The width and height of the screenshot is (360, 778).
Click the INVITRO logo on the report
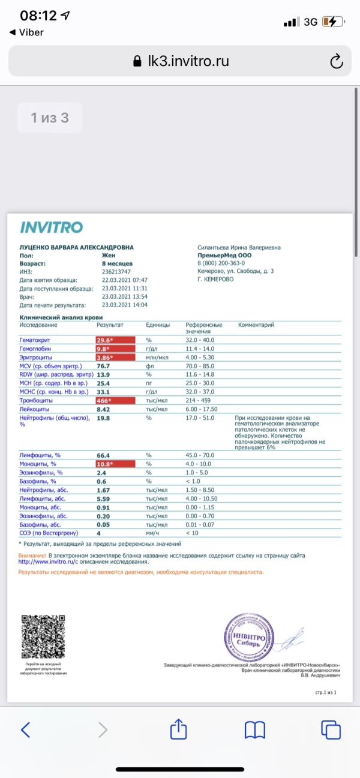pyautogui.click(x=52, y=227)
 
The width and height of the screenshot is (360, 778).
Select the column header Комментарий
pyautogui.click(x=256, y=325)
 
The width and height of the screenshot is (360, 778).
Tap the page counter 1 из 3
pyautogui.click(x=50, y=118)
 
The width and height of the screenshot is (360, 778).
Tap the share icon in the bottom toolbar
pyautogui.click(x=179, y=729)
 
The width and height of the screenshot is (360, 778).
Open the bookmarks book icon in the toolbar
pyautogui.click(x=255, y=729)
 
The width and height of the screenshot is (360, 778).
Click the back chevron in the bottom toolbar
pyautogui.click(x=26, y=729)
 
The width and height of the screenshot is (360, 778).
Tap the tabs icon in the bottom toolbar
pyautogui.click(x=331, y=729)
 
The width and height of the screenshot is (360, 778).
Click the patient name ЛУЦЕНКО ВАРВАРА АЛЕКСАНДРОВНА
pyautogui.click(x=76, y=247)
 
